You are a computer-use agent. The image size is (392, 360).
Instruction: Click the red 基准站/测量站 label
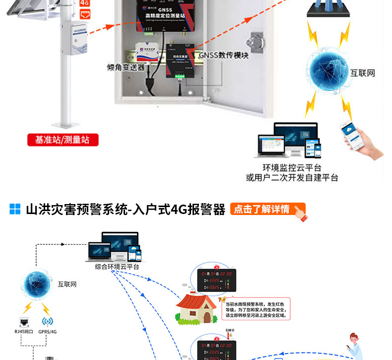click(63, 140)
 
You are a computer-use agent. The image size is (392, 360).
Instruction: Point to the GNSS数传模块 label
click(223, 56)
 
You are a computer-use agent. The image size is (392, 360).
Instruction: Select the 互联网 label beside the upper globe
click(363, 73)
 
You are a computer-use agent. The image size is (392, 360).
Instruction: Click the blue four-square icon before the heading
click(15, 209)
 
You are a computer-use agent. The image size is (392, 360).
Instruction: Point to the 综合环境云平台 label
click(117, 267)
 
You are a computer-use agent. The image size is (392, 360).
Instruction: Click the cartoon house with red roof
click(197, 308)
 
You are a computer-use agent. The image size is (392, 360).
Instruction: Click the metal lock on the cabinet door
click(257, 41)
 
